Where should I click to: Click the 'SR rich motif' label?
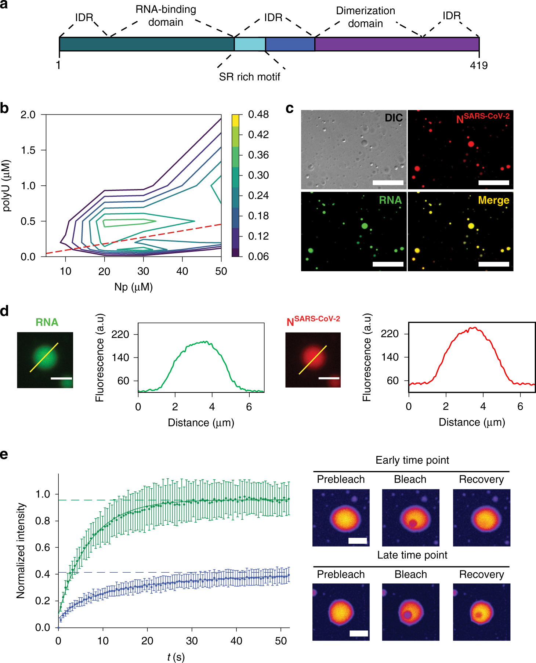(x=249, y=77)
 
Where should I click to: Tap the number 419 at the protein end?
(x=479, y=65)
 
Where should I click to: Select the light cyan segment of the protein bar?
(x=250, y=44)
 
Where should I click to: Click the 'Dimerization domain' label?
(x=365, y=17)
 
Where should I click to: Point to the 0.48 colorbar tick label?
(x=258, y=115)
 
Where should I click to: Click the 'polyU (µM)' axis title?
(x=6, y=185)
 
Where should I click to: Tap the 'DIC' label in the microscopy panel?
(x=394, y=118)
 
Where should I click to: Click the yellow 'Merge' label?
(x=493, y=200)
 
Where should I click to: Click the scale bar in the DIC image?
(x=388, y=182)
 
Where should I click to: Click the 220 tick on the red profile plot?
(x=390, y=334)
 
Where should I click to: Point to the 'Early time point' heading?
(x=412, y=460)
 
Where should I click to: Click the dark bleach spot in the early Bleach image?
(x=413, y=523)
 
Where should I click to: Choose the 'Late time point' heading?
(x=412, y=555)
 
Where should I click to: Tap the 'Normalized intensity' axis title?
(x=21, y=551)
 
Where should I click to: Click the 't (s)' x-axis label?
(x=176, y=657)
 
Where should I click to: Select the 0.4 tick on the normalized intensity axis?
(x=43, y=574)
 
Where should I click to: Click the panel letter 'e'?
(x=4, y=454)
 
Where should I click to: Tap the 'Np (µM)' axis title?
(x=133, y=287)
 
